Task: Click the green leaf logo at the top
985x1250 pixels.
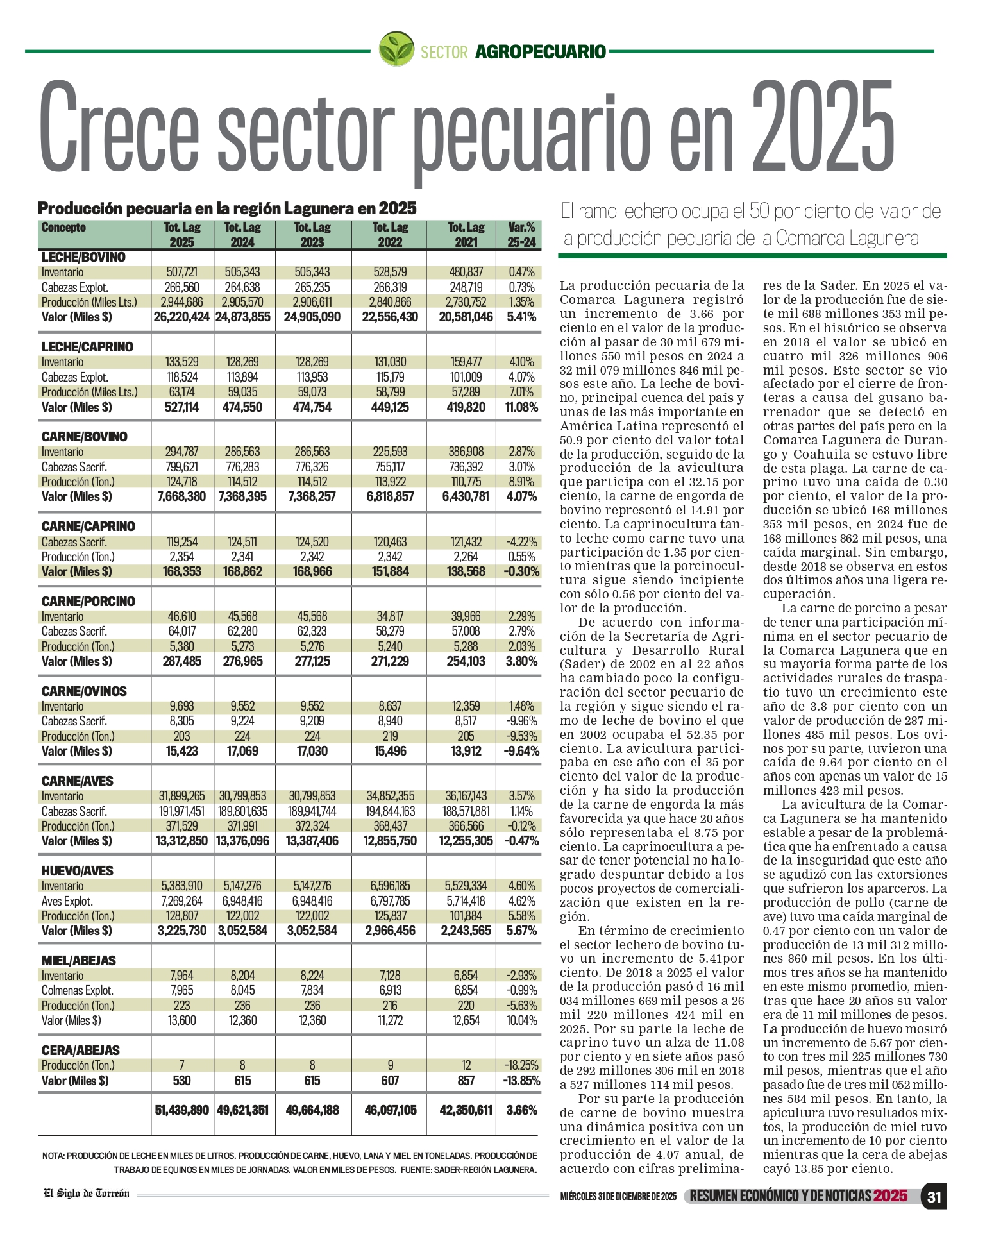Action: [396, 49]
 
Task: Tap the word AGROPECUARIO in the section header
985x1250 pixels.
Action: [540, 52]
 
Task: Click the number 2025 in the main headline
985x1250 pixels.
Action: [823, 126]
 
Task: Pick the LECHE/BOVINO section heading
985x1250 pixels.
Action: [83, 257]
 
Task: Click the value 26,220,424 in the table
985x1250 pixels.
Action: [181, 317]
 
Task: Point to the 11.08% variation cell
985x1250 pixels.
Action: [521, 407]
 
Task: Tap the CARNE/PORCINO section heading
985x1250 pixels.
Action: [88, 602]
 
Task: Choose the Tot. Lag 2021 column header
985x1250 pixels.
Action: [466, 235]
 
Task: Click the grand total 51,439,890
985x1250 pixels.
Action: [181, 1110]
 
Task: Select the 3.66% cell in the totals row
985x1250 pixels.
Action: [521, 1110]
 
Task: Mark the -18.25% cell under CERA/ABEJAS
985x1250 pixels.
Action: [521, 1065]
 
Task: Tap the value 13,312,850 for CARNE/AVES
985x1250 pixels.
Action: [181, 841]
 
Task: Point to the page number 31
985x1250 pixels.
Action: [934, 1197]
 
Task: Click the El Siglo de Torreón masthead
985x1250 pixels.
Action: [87, 1194]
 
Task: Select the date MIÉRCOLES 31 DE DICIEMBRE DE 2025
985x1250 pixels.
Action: [618, 1197]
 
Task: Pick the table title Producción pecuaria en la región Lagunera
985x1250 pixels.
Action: [227, 208]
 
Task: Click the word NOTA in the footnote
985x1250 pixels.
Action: [53, 1156]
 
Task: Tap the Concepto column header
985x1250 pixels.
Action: [63, 228]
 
